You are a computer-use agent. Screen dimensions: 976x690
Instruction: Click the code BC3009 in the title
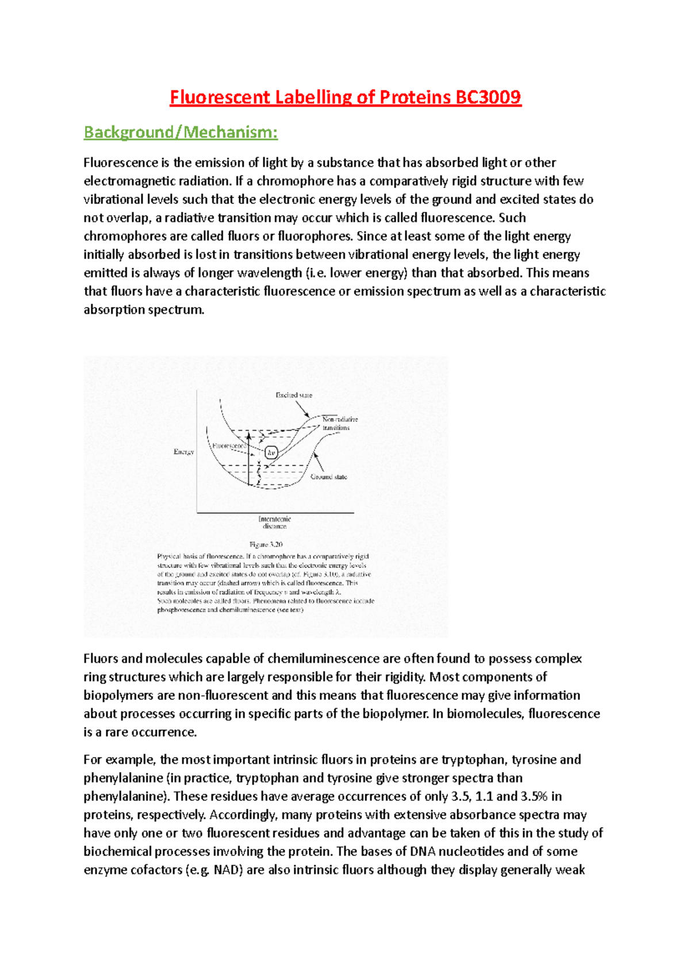click(488, 97)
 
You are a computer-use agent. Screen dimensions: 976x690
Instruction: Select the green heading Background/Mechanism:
click(181, 133)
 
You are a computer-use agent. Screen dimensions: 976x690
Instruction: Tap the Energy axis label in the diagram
click(184, 452)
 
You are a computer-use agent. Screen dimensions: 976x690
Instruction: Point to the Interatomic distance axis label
click(275, 522)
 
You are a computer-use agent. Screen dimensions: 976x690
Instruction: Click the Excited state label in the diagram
click(294, 395)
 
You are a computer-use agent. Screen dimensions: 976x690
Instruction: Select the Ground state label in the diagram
click(329, 477)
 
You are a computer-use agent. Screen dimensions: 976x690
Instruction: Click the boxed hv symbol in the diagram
click(271, 452)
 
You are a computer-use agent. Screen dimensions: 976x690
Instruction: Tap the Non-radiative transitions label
click(340, 424)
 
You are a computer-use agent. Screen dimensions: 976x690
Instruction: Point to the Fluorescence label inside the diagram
click(229, 445)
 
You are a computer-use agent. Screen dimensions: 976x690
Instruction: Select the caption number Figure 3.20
click(266, 544)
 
